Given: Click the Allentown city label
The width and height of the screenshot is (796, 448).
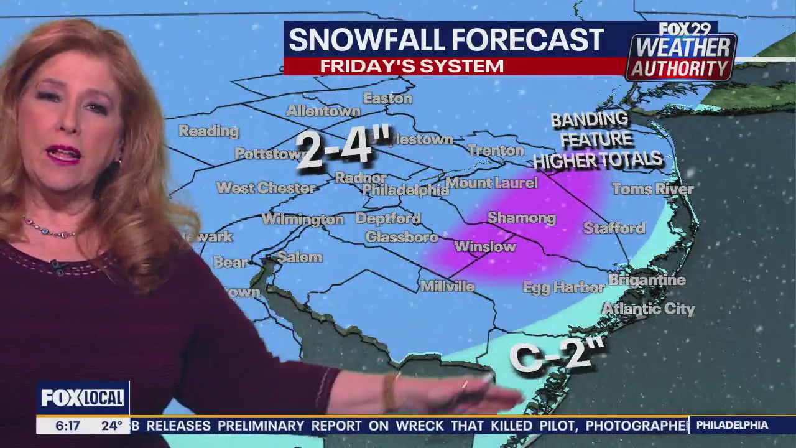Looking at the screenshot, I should [323, 111].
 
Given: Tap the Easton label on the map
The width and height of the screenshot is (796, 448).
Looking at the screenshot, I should [387, 98].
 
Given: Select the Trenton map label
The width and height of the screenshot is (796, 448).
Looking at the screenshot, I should [496, 151].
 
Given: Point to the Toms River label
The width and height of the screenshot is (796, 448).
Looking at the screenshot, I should [652, 189].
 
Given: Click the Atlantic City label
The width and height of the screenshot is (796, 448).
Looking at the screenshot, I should [648, 309].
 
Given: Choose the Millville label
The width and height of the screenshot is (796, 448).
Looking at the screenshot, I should [447, 286].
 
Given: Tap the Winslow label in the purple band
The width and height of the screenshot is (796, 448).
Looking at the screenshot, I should [485, 247].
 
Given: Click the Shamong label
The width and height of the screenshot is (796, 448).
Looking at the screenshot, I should [521, 218].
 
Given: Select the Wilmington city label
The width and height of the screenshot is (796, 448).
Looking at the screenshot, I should [302, 219].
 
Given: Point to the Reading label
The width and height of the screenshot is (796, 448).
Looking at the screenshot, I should [209, 131].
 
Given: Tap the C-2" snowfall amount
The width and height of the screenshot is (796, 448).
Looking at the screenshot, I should [557, 356].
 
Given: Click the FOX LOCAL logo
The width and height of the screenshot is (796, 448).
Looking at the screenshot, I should [83, 398].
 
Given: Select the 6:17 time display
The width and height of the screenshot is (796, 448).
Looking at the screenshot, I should [68, 426].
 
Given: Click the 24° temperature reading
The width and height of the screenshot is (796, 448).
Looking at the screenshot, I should [112, 426].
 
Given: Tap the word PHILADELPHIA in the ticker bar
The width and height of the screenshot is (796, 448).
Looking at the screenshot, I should [732, 425].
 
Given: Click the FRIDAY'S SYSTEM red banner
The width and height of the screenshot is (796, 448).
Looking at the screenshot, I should [412, 66].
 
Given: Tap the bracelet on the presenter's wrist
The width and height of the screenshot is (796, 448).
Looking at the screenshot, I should [390, 392].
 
